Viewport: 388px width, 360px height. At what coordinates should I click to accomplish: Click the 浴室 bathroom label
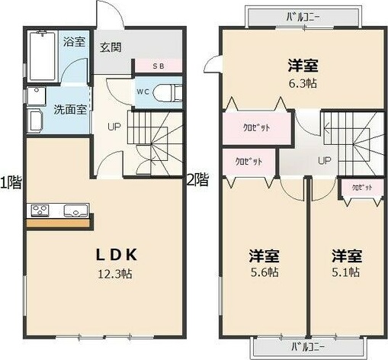pyautogui.click(x=74, y=41)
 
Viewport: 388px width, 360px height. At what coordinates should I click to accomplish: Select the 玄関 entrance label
pyautogui.click(x=111, y=47)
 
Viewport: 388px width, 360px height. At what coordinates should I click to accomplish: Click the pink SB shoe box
pyautogui.click(x=158, y=66)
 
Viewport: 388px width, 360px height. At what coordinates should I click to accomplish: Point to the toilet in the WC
pyautogui.click(x=167, y=92)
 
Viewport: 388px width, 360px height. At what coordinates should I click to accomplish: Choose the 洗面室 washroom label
pyautogui.click(x=69, y=109)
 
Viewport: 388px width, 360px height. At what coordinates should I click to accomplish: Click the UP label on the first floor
pyautogui.click(x=114, y=127)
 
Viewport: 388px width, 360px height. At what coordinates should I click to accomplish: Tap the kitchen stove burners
pyautogui.click(x=40, y=210)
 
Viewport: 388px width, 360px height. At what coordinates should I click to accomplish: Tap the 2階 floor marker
pyautogui.click(x=197, y=180)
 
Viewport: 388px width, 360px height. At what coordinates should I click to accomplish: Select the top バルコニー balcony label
pyautogui.click(x=304, y=15)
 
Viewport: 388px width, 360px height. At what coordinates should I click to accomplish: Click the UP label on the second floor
pyautogui.click(x=325, y=160)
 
